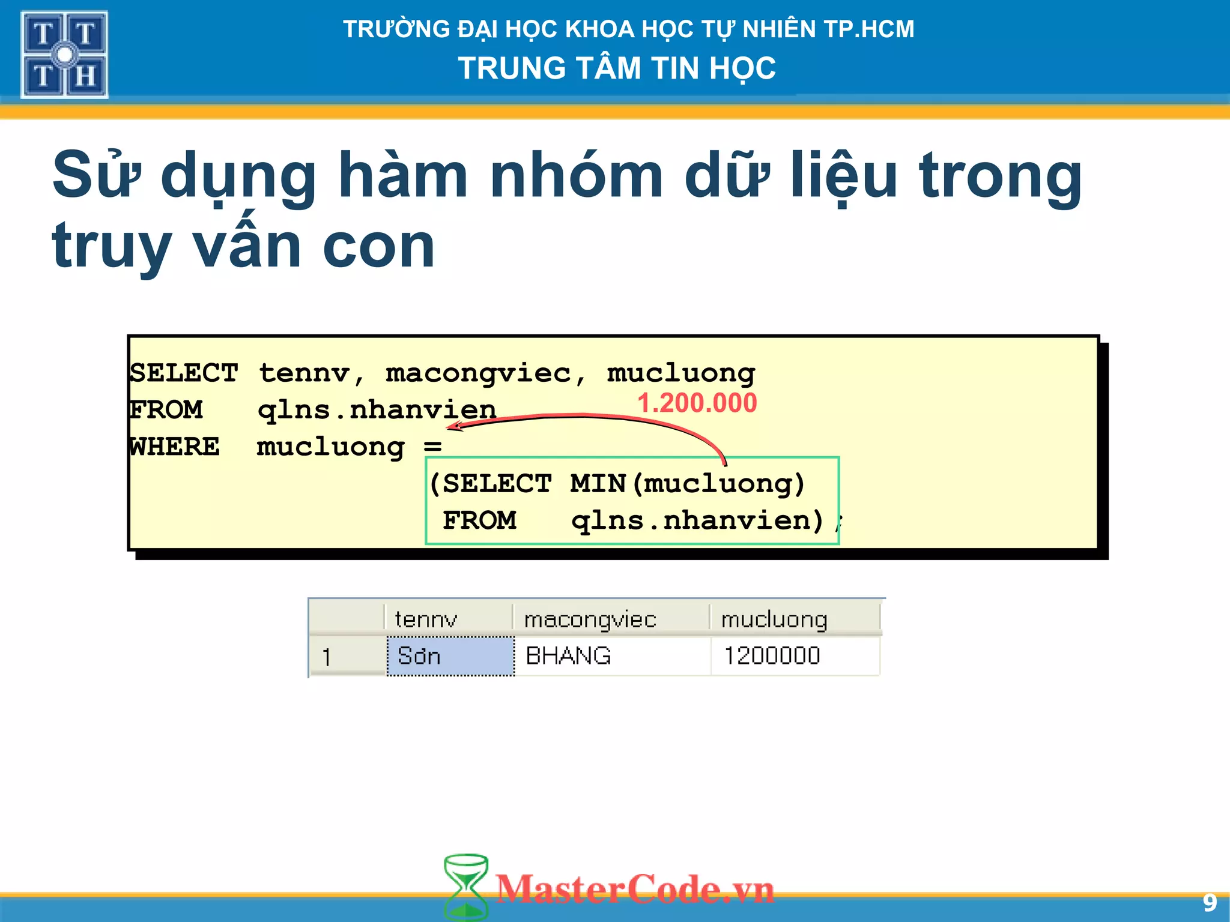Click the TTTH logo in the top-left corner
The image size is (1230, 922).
point(64,55)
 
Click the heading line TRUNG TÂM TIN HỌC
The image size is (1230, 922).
point(617,68)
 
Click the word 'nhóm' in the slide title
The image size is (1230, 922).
point(576,175)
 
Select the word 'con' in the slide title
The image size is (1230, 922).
point(378,246)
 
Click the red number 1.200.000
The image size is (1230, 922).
point(697,403)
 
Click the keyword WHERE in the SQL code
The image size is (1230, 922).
point(174,447)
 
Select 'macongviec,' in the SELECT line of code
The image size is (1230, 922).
point(485,373)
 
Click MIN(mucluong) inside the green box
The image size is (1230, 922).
point(687,483)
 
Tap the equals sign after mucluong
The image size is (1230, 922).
point(432,447)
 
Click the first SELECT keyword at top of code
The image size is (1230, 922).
point(184,373)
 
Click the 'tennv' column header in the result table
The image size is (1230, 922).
point(426,619)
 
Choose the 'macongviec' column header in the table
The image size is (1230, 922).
point(590,619)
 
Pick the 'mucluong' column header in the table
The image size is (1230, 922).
point(774,619)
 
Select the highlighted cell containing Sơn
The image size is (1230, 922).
point(450,655)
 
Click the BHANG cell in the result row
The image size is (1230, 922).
point(568,655)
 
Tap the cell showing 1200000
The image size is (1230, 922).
point(772,655)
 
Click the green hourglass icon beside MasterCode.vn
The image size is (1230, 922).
point(465,887)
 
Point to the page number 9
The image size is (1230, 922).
point(1210,903)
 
